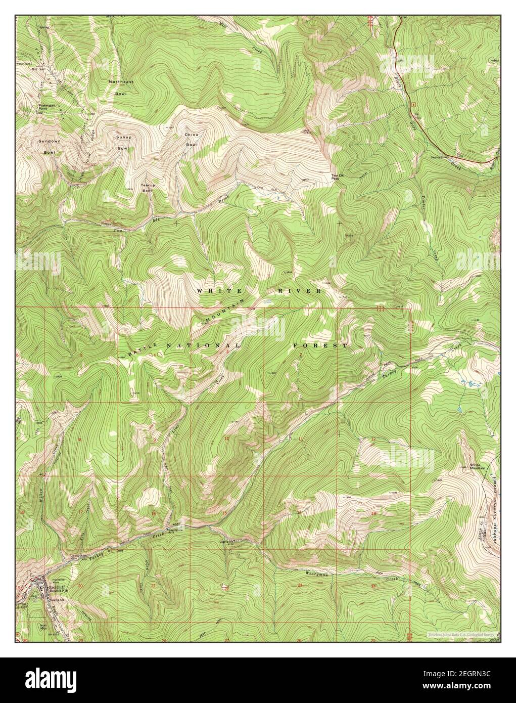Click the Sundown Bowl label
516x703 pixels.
[x=50, y=146]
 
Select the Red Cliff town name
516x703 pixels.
[x=56, y=586]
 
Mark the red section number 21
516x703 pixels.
[x=154, y=586]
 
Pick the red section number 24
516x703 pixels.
[x=373, y=586]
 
